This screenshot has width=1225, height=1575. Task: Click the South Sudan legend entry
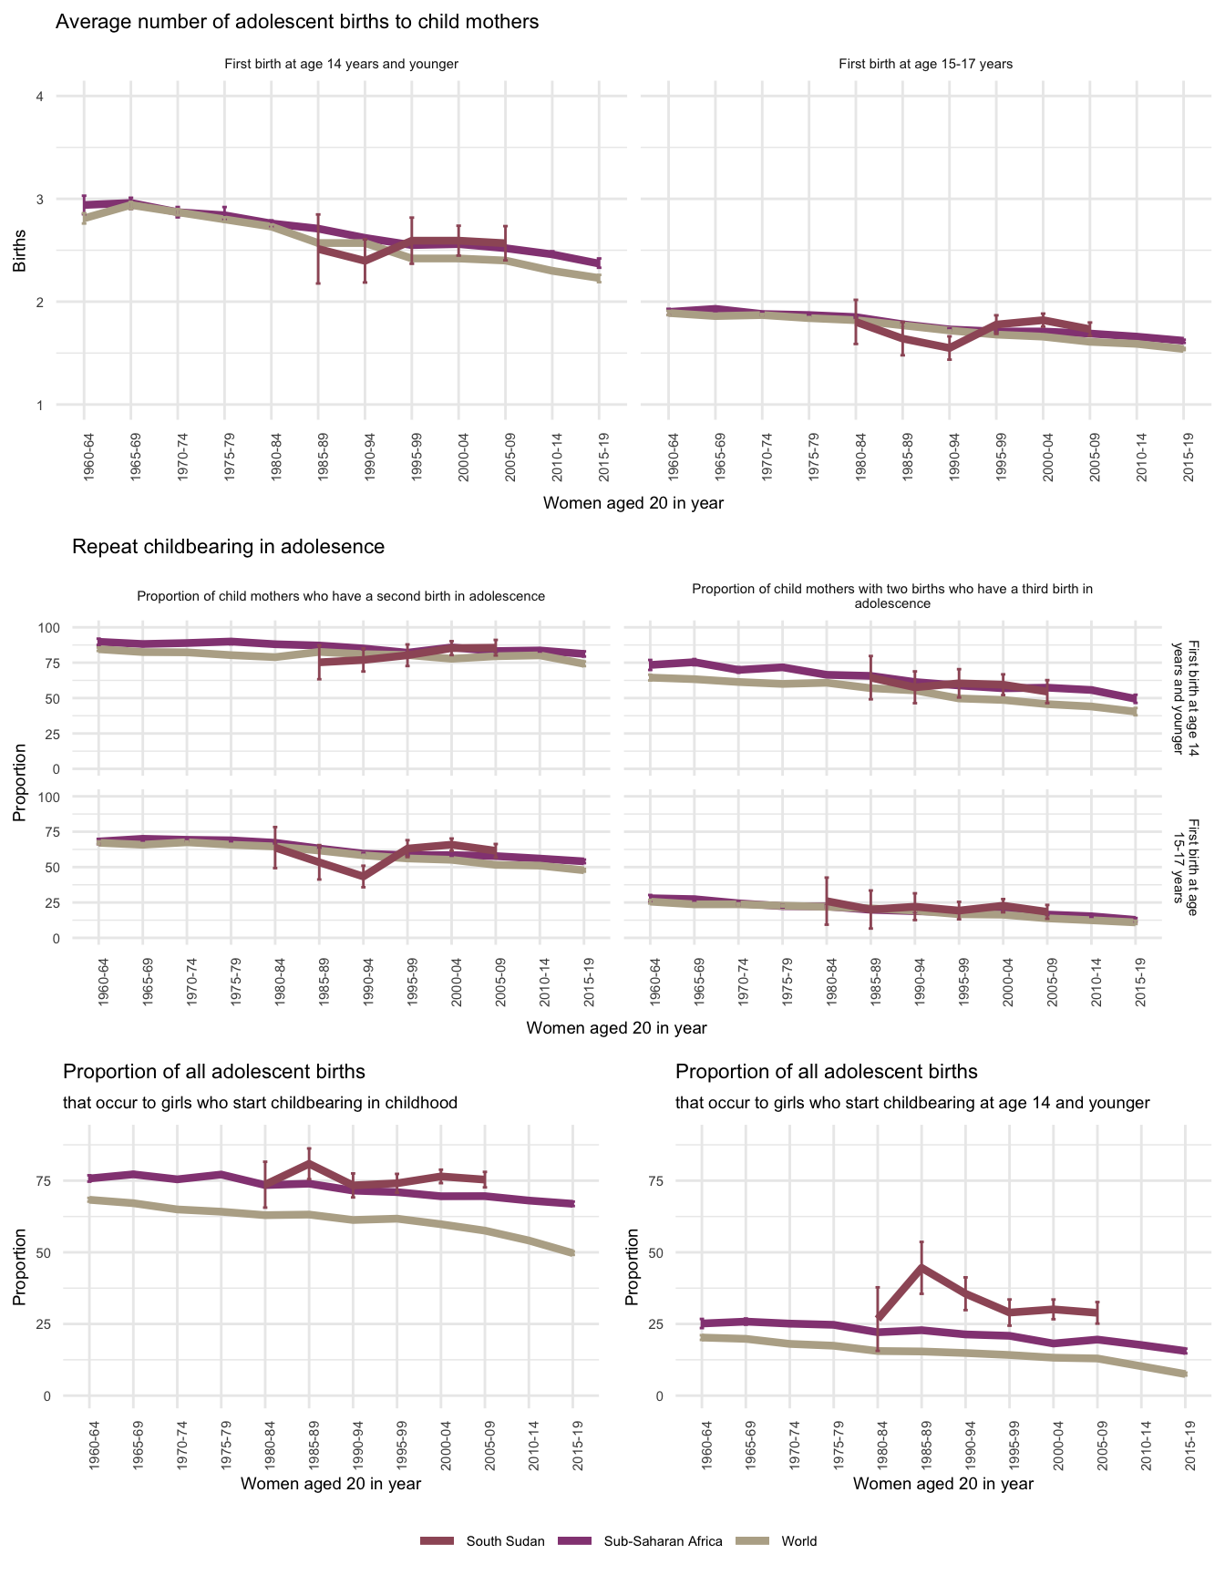point(505,1541)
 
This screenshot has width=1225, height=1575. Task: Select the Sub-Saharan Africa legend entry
point(663,1541)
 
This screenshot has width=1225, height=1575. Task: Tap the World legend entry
point(798,1541)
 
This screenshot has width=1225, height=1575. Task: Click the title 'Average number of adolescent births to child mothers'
point(297,22)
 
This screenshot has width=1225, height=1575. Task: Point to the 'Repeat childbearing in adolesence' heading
point(228,547)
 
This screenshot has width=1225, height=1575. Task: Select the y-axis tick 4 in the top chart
point(39,97)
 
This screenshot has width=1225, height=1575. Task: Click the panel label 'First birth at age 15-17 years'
point(925,65)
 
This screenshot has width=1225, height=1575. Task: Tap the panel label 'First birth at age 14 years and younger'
point(341,65)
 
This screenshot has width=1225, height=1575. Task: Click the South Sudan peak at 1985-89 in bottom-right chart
point(921,1267)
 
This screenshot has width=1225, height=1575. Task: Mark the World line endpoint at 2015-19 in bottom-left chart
point(572,1253)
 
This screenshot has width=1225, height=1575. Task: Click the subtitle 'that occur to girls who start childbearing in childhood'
point(260,1103)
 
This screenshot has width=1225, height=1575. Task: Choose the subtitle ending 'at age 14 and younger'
point(912,1103)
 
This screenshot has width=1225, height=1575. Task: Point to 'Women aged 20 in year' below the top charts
point(633,503)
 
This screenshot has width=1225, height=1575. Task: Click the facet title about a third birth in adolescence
point(892,596)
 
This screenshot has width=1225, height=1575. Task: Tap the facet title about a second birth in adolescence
point(341,597)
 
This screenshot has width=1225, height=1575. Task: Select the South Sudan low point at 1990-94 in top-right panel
point(950,348)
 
